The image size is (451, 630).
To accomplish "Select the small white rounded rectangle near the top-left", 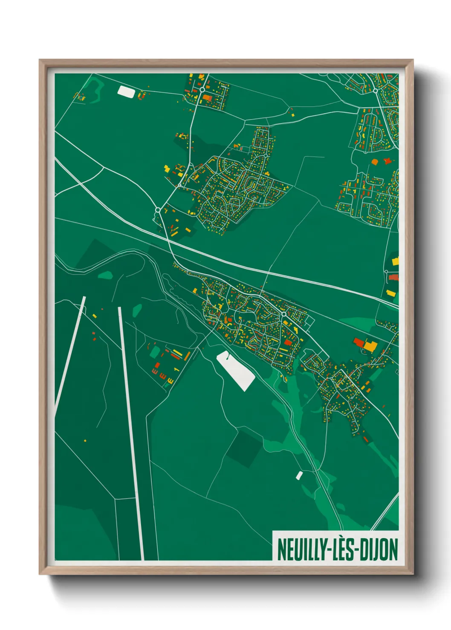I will (126, 91).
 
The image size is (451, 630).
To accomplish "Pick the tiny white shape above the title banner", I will (299, 475).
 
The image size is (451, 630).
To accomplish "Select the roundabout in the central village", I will (283, 314).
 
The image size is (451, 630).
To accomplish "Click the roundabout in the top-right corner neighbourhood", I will (375, 91).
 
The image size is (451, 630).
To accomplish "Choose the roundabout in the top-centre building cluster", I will (202, 90).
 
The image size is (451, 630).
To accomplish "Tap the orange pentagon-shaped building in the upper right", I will (375, 162).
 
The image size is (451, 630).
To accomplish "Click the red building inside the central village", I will (288, 342).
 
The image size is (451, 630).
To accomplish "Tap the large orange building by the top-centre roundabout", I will (208, 98).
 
